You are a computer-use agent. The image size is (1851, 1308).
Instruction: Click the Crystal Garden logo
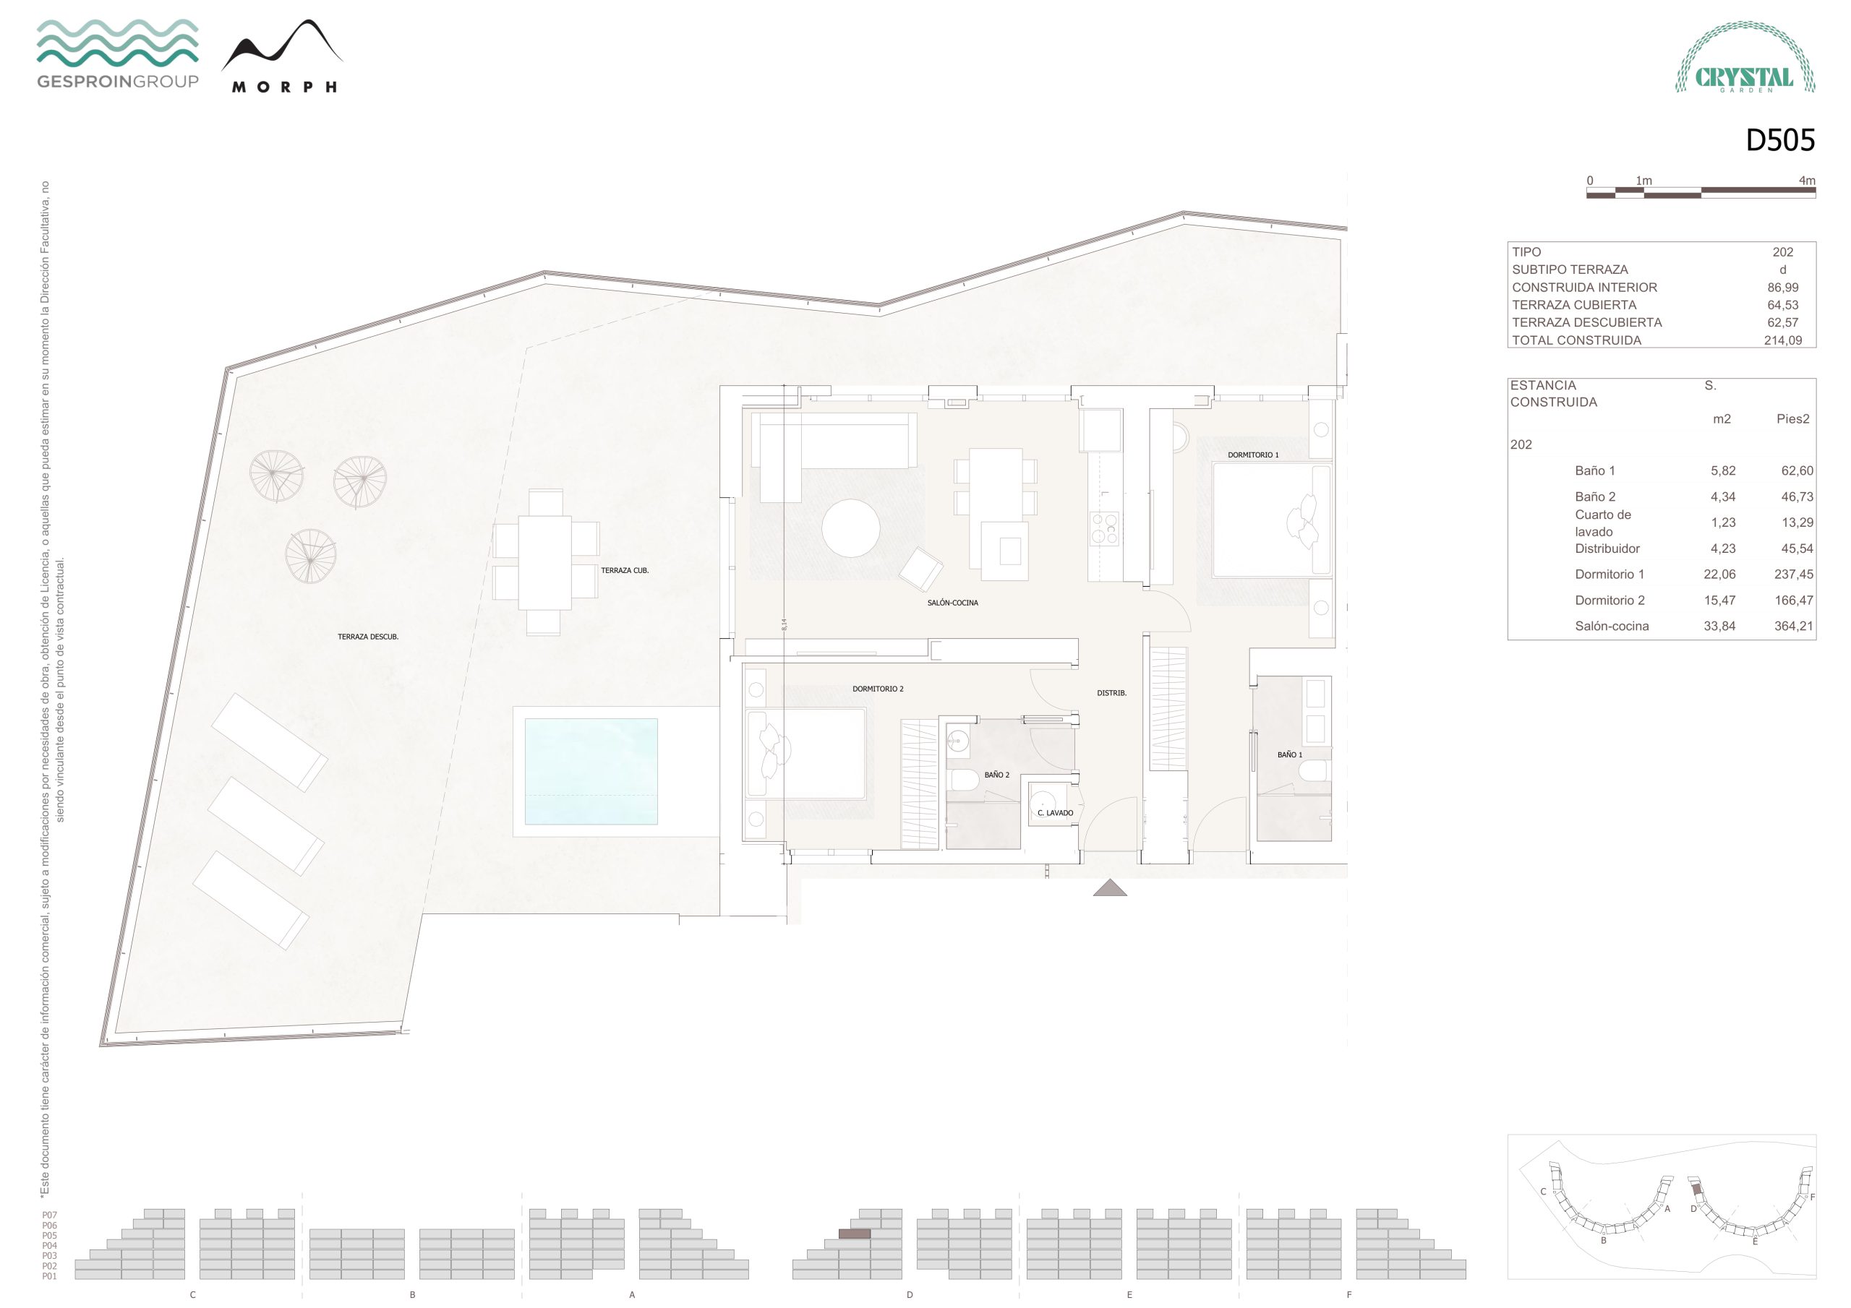1745,57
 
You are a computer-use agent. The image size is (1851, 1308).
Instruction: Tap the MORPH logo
282,56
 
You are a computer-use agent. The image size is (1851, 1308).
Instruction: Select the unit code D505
1780,140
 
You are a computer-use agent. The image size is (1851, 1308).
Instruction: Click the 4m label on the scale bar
1807,181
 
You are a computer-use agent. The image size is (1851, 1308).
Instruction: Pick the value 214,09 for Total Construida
1782,340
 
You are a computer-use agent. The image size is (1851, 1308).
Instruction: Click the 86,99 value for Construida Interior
1782,287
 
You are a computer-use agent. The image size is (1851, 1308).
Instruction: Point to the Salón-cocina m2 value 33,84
1719,627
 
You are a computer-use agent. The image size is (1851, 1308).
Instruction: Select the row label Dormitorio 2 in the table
1610,601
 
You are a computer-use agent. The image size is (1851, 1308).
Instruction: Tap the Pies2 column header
1793,419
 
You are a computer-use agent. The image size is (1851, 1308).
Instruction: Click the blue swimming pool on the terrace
591,771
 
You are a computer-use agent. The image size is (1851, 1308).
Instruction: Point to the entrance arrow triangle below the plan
1110,887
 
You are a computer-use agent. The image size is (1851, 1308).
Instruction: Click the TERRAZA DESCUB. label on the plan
367,637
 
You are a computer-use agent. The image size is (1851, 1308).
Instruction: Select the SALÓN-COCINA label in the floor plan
952,603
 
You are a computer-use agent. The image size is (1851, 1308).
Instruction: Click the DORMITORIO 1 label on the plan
1253,455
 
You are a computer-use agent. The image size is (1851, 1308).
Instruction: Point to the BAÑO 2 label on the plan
996,775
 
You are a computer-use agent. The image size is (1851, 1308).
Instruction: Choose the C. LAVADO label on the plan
1056,813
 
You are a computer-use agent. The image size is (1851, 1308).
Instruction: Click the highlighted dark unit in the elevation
855,1234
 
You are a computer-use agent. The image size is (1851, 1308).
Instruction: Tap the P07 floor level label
49,1216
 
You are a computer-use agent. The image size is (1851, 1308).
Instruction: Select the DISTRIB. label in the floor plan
1112,693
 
